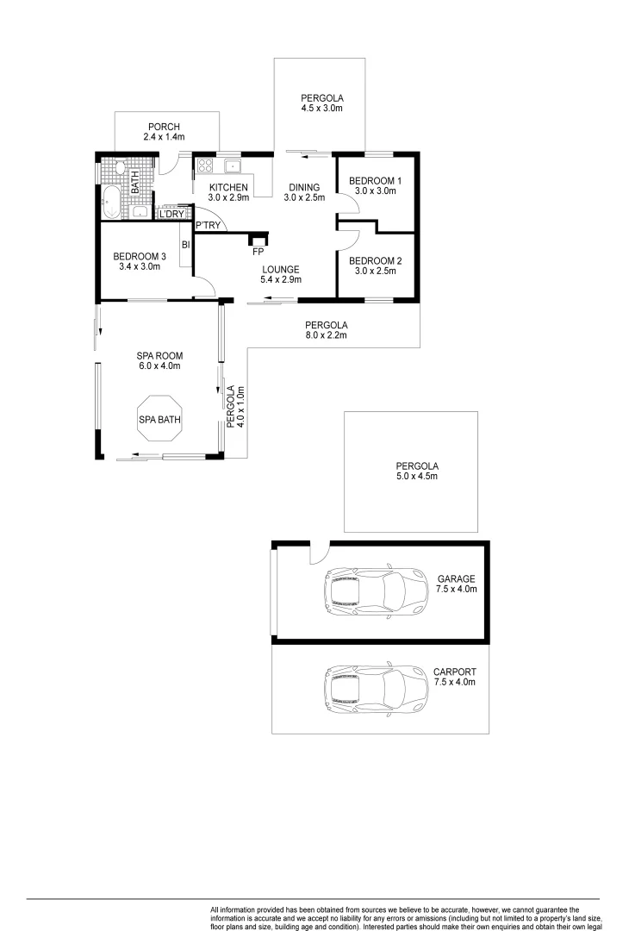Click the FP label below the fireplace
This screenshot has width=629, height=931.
tap(258, 252)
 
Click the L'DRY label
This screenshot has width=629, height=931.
tap(170, 214)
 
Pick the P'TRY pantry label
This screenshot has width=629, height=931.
tap(208, 226)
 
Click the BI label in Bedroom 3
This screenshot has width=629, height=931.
tap(184, 245)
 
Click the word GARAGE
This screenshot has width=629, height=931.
tap(456, 578)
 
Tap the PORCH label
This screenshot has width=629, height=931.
tap(164, 127)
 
